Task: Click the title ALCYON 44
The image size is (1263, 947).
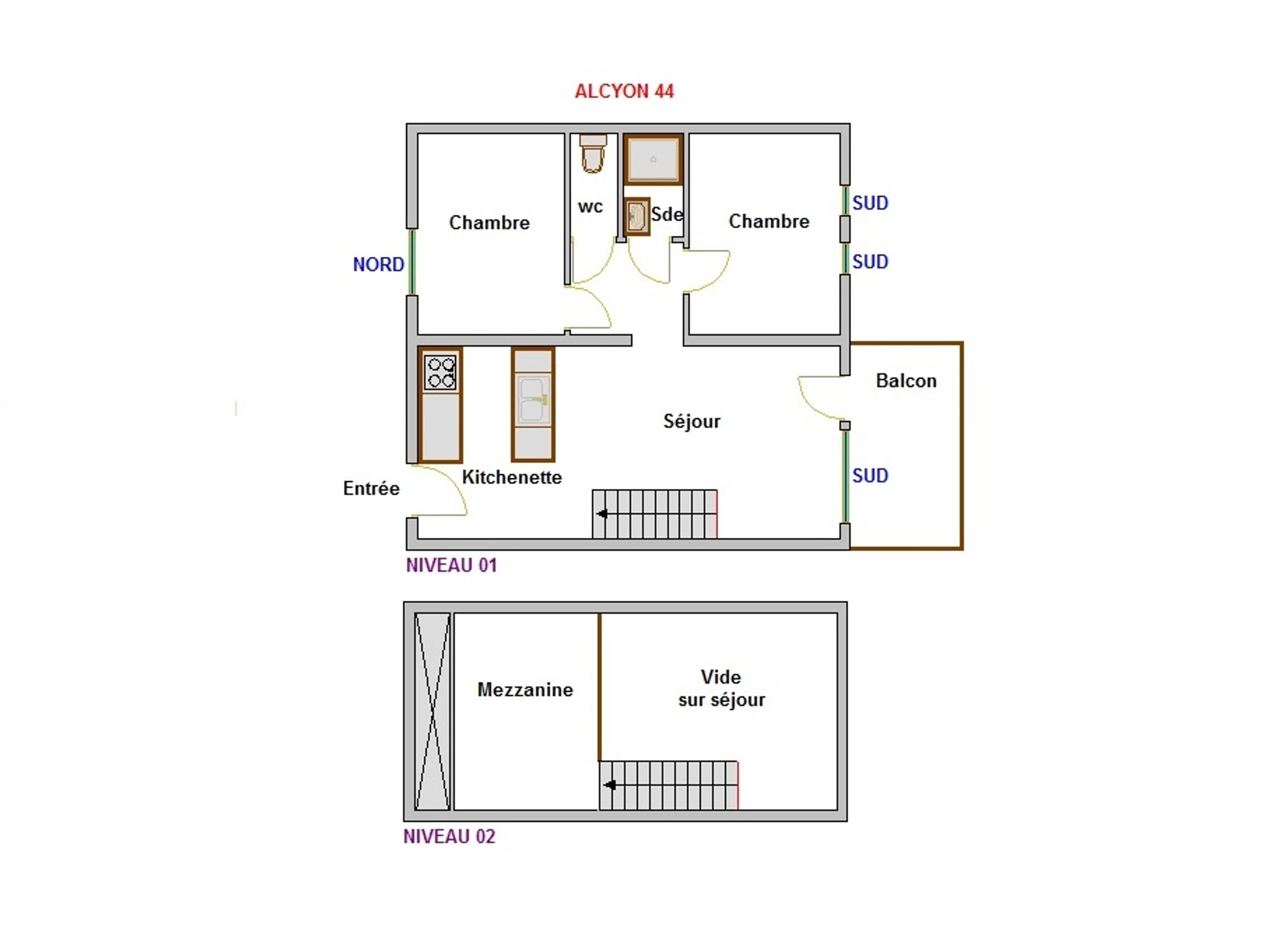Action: [x=624, y=92]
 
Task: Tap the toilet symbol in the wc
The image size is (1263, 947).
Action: [x=593, y=154]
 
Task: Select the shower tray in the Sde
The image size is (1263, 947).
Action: [x=653, y=159]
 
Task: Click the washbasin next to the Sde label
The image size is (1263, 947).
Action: [x=637, y=216]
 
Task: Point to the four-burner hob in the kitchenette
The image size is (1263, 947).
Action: [x=440, y=372]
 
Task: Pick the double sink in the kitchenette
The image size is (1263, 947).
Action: [x=533, y=399]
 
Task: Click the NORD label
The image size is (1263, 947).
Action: [x=378, y=264]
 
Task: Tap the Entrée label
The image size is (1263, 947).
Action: [x=371, y=488]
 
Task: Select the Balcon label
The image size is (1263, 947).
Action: [x=906, y=381]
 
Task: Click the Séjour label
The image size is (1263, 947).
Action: [x=691, y=421]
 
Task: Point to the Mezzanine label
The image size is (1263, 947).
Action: [x=525, y=690]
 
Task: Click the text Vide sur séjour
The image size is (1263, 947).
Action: [x=721, y=688]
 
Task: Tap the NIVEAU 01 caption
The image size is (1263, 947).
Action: [x=451, y=565]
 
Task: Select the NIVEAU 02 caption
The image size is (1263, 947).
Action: [x=449, y=837]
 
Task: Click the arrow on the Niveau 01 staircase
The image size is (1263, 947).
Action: [x=602, y=513]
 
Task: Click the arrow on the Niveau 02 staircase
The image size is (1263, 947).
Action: [x=609, y=785]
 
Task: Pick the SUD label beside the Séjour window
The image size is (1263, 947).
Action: [x=870, y=476]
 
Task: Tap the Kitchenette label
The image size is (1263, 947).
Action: [x=512, y=477]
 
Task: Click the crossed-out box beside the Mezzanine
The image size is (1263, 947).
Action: [x=432, y=711]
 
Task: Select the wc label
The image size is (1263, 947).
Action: [x=590, y=207]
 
